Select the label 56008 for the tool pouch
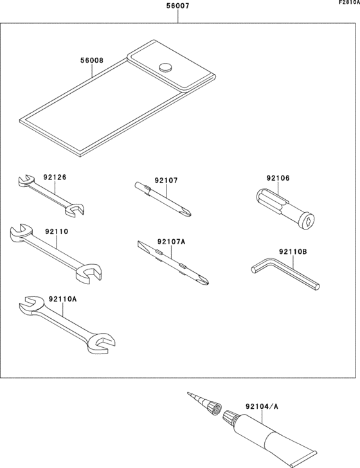(92, 61)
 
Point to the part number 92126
(55, 176)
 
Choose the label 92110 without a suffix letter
(57, 231)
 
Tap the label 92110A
(62, 299)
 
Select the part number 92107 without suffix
(166, 181)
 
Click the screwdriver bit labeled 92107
(165, 200)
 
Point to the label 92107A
(170, 242)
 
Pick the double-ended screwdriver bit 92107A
(173, 264)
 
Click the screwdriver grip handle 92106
(285, 206)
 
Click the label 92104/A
(262, 406)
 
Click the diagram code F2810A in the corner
(349, 3)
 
